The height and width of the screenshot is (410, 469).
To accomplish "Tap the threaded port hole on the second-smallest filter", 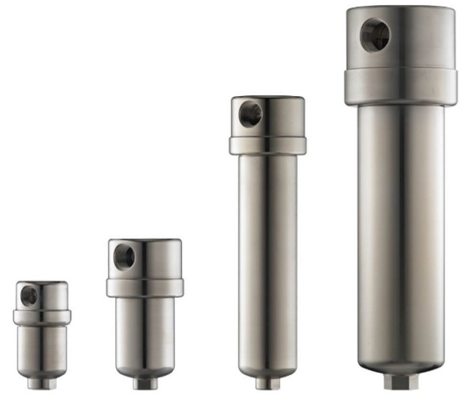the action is coord(124,257).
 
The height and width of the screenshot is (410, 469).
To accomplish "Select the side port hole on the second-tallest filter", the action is coord(250,114).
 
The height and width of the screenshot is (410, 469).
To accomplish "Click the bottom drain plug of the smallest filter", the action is coord(41,382).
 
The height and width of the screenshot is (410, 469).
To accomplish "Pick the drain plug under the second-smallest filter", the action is coord(144,383).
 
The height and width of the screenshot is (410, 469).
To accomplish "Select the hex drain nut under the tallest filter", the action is coord(401,381).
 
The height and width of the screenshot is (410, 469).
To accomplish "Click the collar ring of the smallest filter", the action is coord(42,317).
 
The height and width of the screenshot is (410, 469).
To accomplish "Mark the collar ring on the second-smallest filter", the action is coord(145,287).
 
